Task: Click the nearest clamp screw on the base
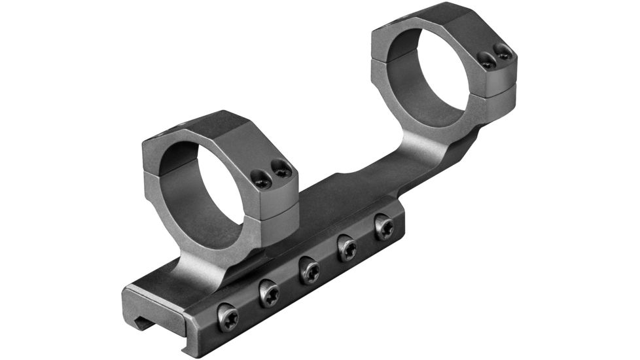228,317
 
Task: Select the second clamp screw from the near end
269,294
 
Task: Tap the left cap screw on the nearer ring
262,179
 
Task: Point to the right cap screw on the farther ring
503,52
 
